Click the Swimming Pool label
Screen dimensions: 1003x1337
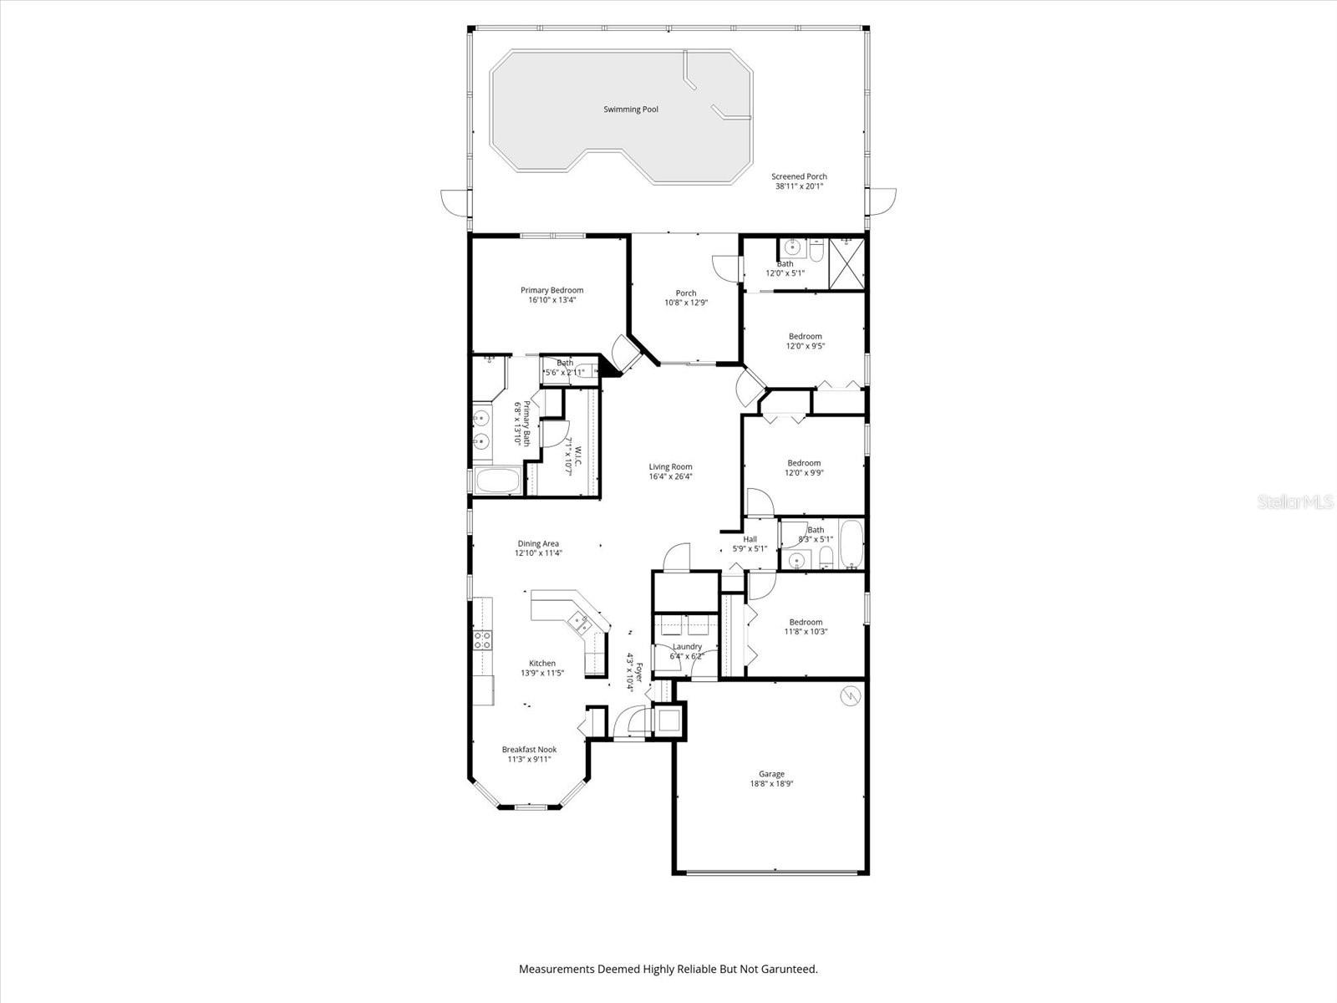point(631,109)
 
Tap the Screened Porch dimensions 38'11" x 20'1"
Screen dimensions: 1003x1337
point(799,186)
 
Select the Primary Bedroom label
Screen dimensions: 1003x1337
point(552,290)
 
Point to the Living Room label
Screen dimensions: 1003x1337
point(670,467)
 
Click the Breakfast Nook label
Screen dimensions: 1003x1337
point(529,750)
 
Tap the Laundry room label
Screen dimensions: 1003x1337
point(687,646)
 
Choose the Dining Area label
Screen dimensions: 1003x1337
point(538,543)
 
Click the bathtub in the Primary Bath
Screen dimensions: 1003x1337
point(497,481)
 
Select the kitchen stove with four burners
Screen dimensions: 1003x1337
point(482,641)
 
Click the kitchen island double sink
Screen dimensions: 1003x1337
point(579,622)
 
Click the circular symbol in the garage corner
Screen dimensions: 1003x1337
point(850,695)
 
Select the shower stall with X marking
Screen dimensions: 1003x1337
point(847,263)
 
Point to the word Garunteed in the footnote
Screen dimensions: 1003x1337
point(790,970)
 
